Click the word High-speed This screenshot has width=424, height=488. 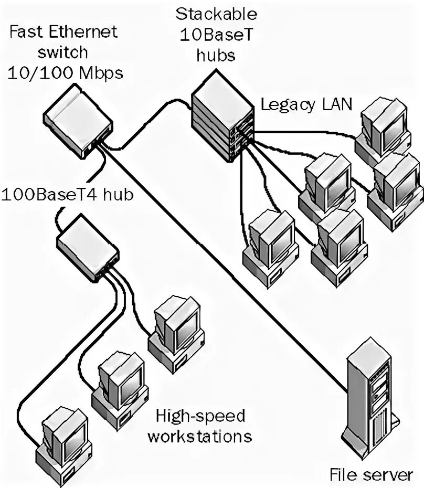pyautogui.click(x=200, y=416)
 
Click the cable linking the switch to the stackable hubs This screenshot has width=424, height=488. pyautogui.click(x=152, y=113)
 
